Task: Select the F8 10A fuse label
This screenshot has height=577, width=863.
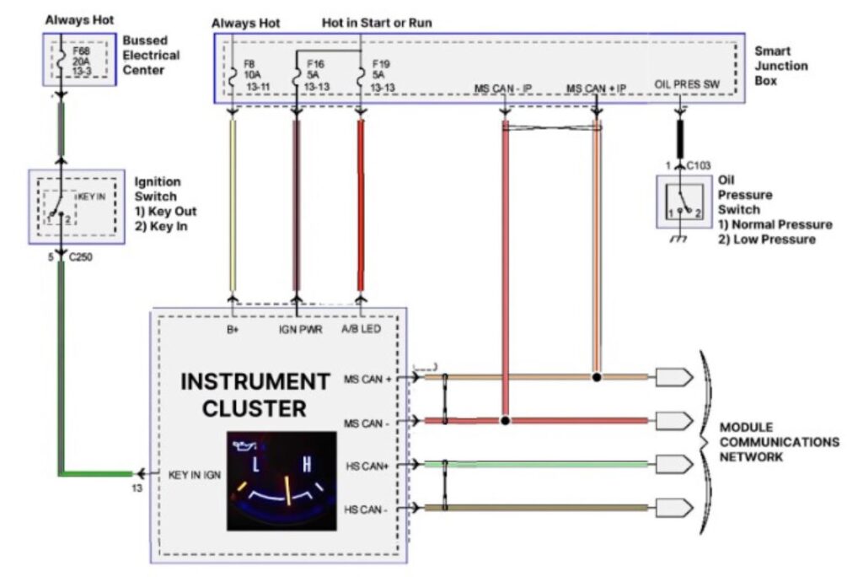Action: [252, 73]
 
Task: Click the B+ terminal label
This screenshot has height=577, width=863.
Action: [233, 329]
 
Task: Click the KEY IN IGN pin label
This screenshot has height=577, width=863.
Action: [194, 474]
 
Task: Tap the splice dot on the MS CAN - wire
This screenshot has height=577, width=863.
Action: [505, 419]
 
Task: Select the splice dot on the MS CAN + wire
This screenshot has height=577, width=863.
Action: [597, 377]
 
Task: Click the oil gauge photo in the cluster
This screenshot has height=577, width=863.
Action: [281, 482]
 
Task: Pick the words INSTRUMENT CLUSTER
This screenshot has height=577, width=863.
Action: [255, 395]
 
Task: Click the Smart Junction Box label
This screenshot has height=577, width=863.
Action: [781, 66]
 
